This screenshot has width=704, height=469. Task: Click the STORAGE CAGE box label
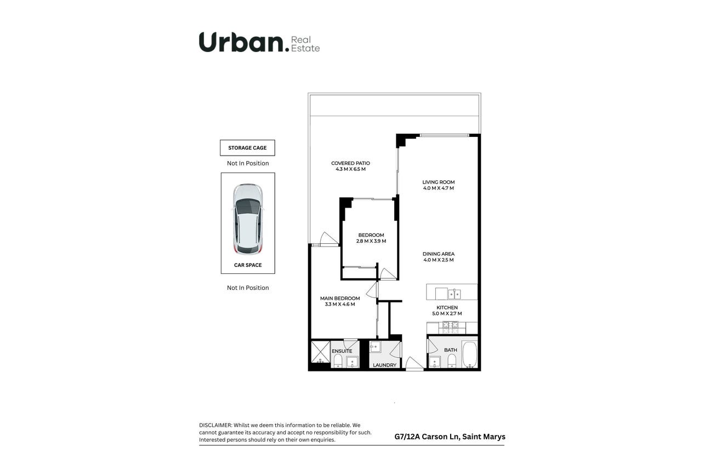click(247, 147)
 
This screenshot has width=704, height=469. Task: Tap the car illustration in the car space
click(248, 219)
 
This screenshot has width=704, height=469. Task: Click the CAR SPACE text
click(248, 265)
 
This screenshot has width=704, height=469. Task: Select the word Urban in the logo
click(241, 42)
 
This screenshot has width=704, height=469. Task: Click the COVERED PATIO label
click(350, 163)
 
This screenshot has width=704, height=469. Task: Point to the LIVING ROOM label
click(439, 182)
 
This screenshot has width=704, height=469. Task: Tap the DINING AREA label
click(439, 254)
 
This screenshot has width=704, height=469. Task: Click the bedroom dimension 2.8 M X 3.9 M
click(371, 241)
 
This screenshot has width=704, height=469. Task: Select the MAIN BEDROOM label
click(340, 299)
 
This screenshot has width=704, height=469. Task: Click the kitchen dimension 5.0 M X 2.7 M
click(447, 313)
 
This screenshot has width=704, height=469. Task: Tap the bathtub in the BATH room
click(470, 354)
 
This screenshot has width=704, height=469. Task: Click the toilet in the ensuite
click(338, 361)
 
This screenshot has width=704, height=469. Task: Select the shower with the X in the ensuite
click(321, 352)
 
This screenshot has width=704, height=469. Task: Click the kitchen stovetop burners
click(450, 327)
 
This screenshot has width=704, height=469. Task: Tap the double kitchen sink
click(454, 294)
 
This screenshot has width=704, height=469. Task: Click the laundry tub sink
click(375, 347)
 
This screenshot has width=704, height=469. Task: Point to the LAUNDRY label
click(385, 365)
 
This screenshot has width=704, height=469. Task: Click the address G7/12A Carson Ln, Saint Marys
click(450, 437)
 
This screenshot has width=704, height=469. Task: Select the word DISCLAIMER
click(215, 425)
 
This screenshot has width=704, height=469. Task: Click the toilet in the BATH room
click(452, 361)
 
